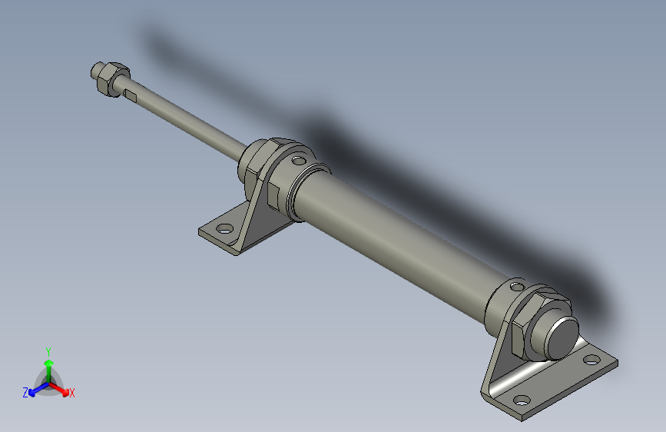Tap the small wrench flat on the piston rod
tap(133, 95)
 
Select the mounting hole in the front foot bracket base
tap(224, 228)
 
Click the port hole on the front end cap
tap(297, 160)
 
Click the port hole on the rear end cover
tap(516, 287)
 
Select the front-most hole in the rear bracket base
tap(521, 400)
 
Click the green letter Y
tap(48, 350)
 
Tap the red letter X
tap(72, 393)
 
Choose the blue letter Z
tap(25, 392)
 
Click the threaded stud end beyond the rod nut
tap(97, 71)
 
